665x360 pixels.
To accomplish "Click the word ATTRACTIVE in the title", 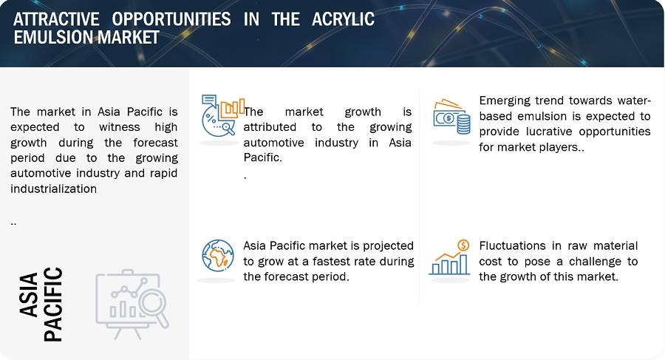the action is pos(56,19).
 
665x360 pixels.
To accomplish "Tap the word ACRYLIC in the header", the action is pos(343,19).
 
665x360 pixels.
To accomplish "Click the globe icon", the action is pos(218,256).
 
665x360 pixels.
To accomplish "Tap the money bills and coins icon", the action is pos(451,117).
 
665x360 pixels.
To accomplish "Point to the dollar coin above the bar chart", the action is pos(463,245).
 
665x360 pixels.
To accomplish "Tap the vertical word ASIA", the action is pos(29,294).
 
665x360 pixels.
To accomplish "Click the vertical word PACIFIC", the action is pos(53,305).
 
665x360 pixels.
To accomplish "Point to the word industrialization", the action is pos(53,189).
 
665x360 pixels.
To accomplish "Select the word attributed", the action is pos(270,127).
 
